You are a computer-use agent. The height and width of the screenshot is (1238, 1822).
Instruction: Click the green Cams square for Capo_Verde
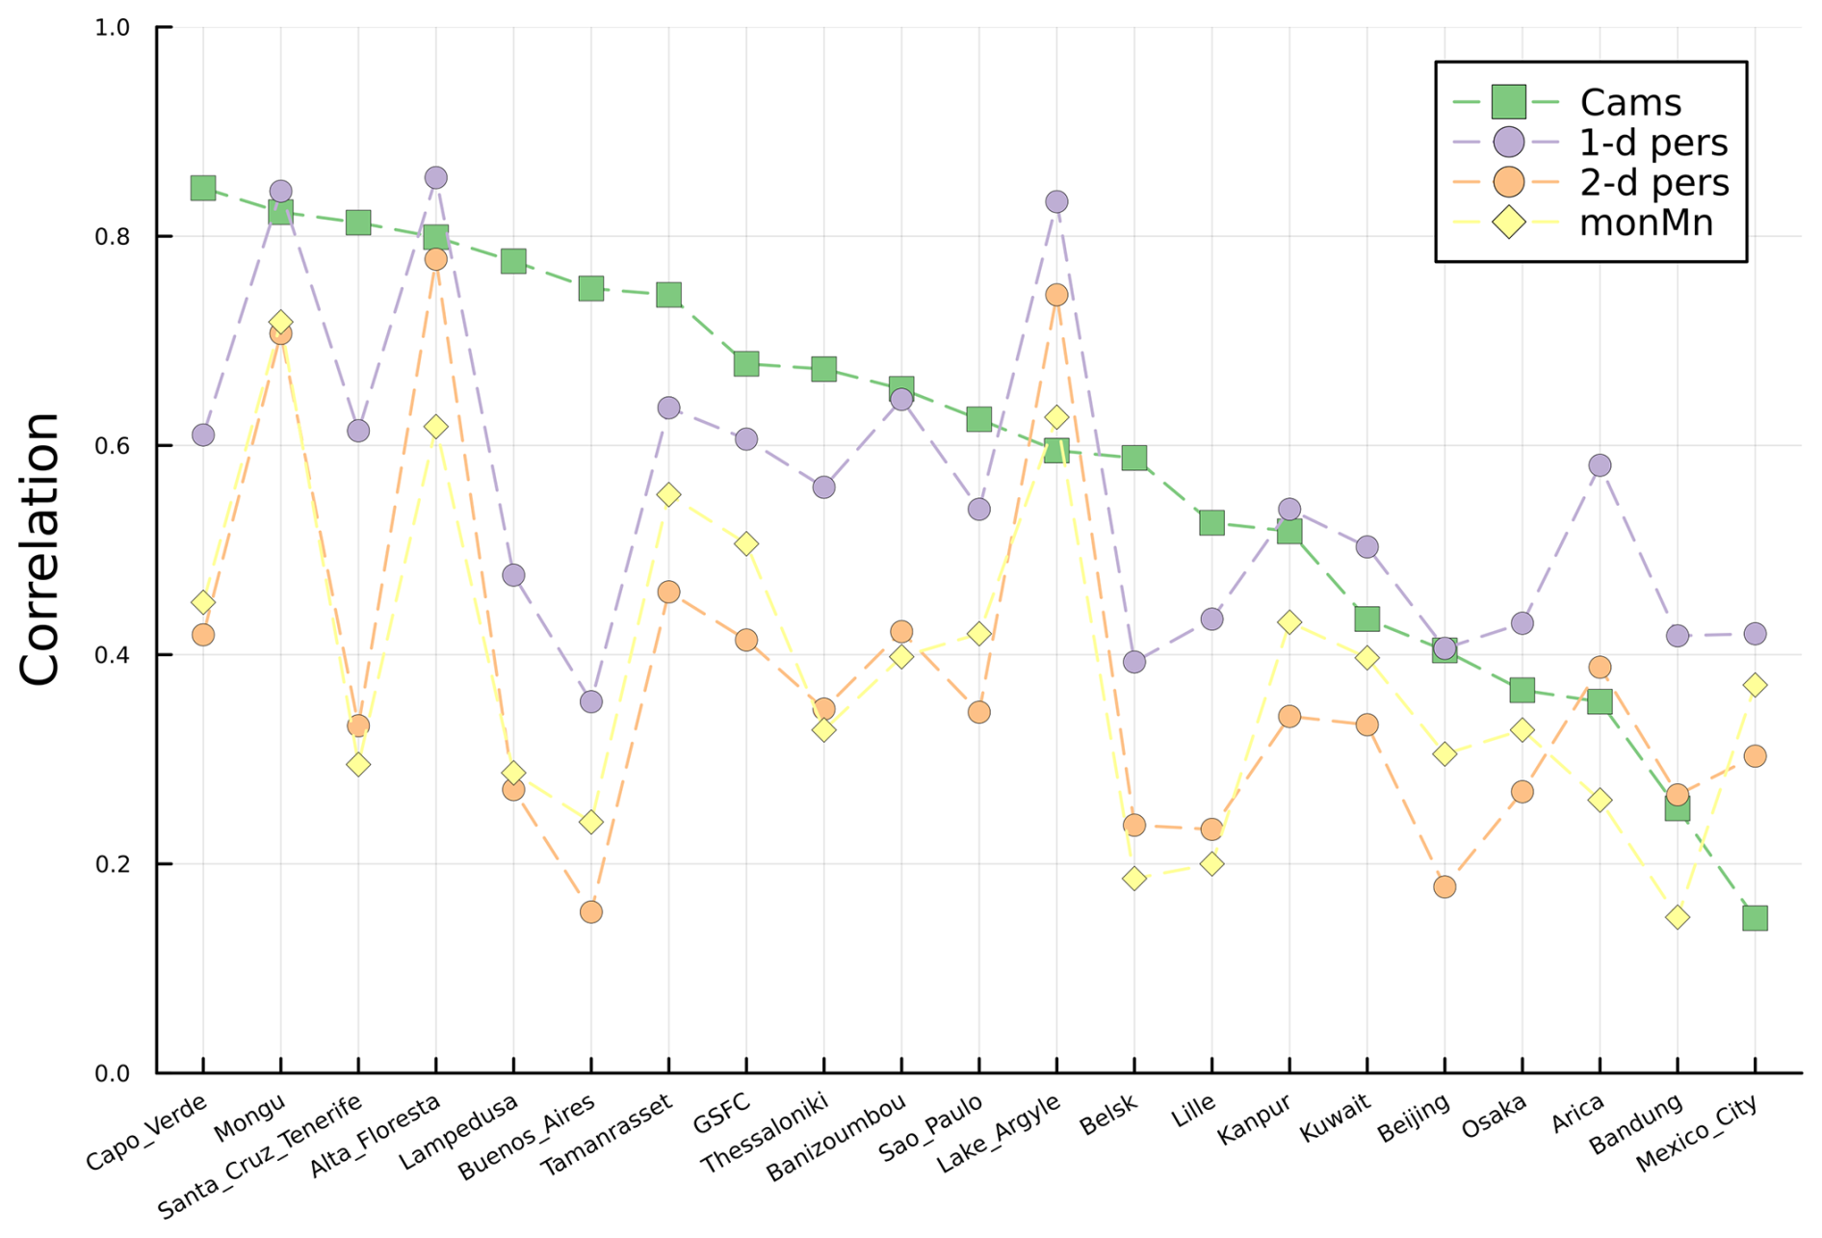click(202, 188)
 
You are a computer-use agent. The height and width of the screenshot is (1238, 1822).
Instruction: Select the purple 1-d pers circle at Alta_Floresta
click(435, 178)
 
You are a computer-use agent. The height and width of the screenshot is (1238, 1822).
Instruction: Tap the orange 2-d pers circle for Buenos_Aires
click(591, 911)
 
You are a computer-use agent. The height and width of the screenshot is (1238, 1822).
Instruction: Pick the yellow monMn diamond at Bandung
click(1678, 916)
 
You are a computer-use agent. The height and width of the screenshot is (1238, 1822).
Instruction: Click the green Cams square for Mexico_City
click(1755, 918)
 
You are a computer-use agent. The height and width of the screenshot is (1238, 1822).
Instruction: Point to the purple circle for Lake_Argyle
click(1056, 202)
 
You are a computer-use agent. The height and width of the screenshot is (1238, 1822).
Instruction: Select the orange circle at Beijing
click(1445, 886)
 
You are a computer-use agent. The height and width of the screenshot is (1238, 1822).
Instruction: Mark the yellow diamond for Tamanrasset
click(668, 495)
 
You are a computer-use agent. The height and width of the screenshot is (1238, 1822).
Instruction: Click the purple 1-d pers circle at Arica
click(1600, 465)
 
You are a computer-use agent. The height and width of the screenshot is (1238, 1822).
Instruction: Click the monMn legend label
click(1646, 223)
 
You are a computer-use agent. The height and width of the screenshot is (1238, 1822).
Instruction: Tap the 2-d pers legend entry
click(1653, 182)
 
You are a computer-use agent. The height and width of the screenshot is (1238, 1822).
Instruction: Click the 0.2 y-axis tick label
click(113, 864)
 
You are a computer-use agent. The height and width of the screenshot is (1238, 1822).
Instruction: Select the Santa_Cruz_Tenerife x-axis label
click(261, 1155)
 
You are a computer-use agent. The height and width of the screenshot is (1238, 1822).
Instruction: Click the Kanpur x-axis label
click(1254, 1119)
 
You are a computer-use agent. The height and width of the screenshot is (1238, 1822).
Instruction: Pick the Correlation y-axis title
click(40, 549)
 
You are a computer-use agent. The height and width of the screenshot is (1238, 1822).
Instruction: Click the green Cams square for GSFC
click(746, 364)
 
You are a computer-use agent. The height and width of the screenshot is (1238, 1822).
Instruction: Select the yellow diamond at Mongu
click(280, 323)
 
